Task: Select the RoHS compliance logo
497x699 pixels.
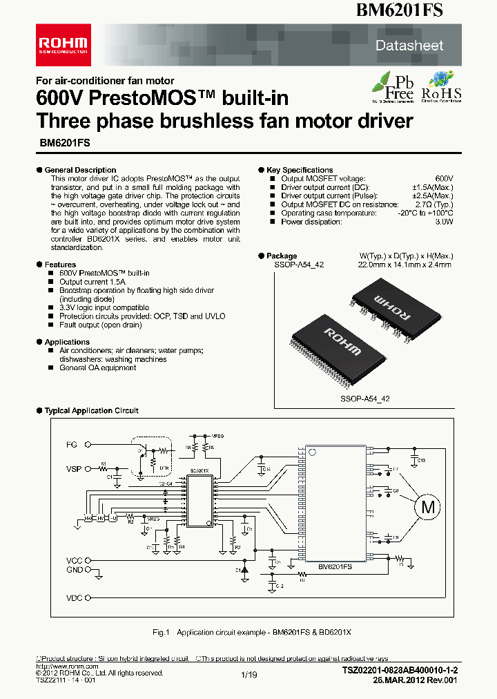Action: pos(441,87)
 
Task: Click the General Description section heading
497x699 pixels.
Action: pos(80,170)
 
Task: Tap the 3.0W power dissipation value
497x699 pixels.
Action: pos(443,222)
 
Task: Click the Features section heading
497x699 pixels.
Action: pos(60,265)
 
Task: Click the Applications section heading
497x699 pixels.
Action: pos(67,342)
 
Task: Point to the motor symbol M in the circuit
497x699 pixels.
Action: pos(428,507)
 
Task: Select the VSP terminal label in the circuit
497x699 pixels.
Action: pos(74,469)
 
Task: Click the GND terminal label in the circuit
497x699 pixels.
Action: pos(74,570)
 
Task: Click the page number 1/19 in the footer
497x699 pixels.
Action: pos(248,675)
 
